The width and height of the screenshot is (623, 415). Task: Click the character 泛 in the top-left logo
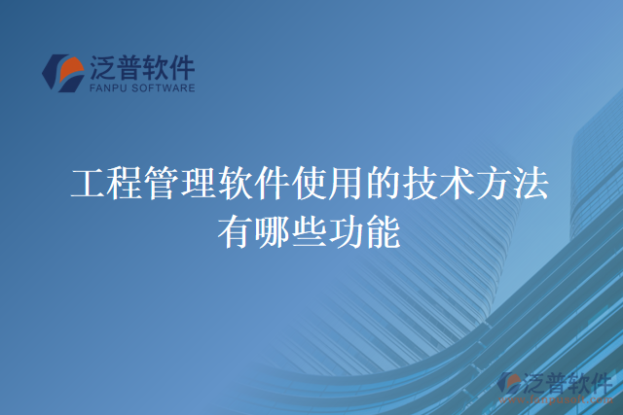coord(104,68)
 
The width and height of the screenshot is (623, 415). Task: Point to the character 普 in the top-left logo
coord(134,68)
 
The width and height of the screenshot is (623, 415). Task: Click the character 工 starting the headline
coord(89,183)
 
